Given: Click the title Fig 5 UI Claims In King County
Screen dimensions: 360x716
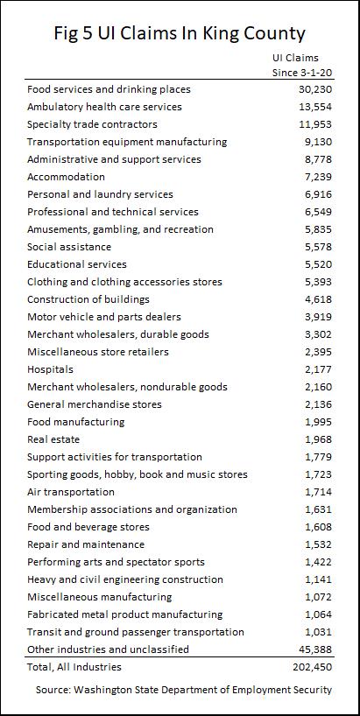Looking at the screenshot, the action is click(x=180, y=33).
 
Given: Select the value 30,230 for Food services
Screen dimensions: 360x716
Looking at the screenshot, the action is click(x=315, y=89).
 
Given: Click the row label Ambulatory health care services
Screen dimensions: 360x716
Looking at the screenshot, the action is click(x=104, y=107).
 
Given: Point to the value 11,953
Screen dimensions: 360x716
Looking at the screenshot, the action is click(x=315, y=124).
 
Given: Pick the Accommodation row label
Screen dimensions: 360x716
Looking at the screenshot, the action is click(x=66, y=177).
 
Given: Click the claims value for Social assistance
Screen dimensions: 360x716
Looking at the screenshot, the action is click(x=319, y=247).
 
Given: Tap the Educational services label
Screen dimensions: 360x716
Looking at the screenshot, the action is click(x=77, y=264).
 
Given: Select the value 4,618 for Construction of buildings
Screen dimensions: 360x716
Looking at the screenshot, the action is click(x=319, y=299).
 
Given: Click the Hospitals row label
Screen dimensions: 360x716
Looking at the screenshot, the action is click(x=50, y=369).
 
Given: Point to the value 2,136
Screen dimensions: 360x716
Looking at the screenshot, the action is click(x=319, y=404).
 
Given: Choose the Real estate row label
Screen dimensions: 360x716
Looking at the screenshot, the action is click(x=53, y=439).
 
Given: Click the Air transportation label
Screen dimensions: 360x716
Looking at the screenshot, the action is click(x=71, y=492).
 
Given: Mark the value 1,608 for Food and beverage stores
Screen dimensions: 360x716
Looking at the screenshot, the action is click(x=319, y=527).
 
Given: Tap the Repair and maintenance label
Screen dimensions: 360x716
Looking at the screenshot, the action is click(x=86, y=544).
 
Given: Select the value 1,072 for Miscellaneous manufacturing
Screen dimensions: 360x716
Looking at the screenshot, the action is click(x=319, y=597).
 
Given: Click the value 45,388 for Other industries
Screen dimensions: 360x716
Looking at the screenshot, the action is click(x=315, y=649).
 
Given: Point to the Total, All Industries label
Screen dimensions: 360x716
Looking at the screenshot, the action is click(x=74, y=667).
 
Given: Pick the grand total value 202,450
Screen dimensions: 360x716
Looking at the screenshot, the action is click(x=313, y=667).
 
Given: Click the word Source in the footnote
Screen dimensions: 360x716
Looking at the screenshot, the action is click(x=52, y=690).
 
